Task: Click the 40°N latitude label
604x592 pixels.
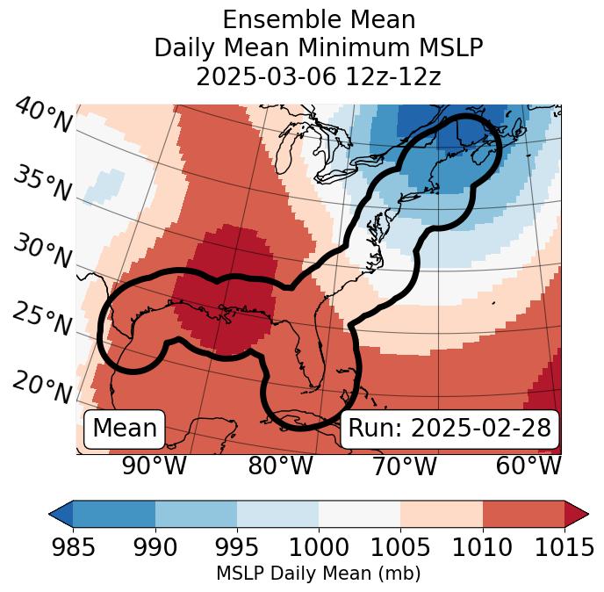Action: coord(43,116)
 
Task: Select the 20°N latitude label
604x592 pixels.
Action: coord(41,386)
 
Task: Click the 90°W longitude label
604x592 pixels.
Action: coord(155,466)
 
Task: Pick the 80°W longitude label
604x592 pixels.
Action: coord(280,466)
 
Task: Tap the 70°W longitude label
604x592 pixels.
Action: coord(404,466)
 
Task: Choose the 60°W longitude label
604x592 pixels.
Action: coord(528,466)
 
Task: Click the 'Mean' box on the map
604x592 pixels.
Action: coord(125,429)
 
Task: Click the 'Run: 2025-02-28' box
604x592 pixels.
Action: coord(449,429)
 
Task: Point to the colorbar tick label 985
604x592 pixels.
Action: coord(73,547)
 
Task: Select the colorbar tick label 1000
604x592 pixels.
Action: coord(319,547)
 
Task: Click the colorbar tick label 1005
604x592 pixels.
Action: coord(400,547)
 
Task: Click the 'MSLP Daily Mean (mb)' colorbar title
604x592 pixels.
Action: coord(319,574)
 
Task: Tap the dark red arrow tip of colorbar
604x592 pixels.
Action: coord(577,514)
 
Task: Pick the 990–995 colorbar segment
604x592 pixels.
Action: coord(196,514)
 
